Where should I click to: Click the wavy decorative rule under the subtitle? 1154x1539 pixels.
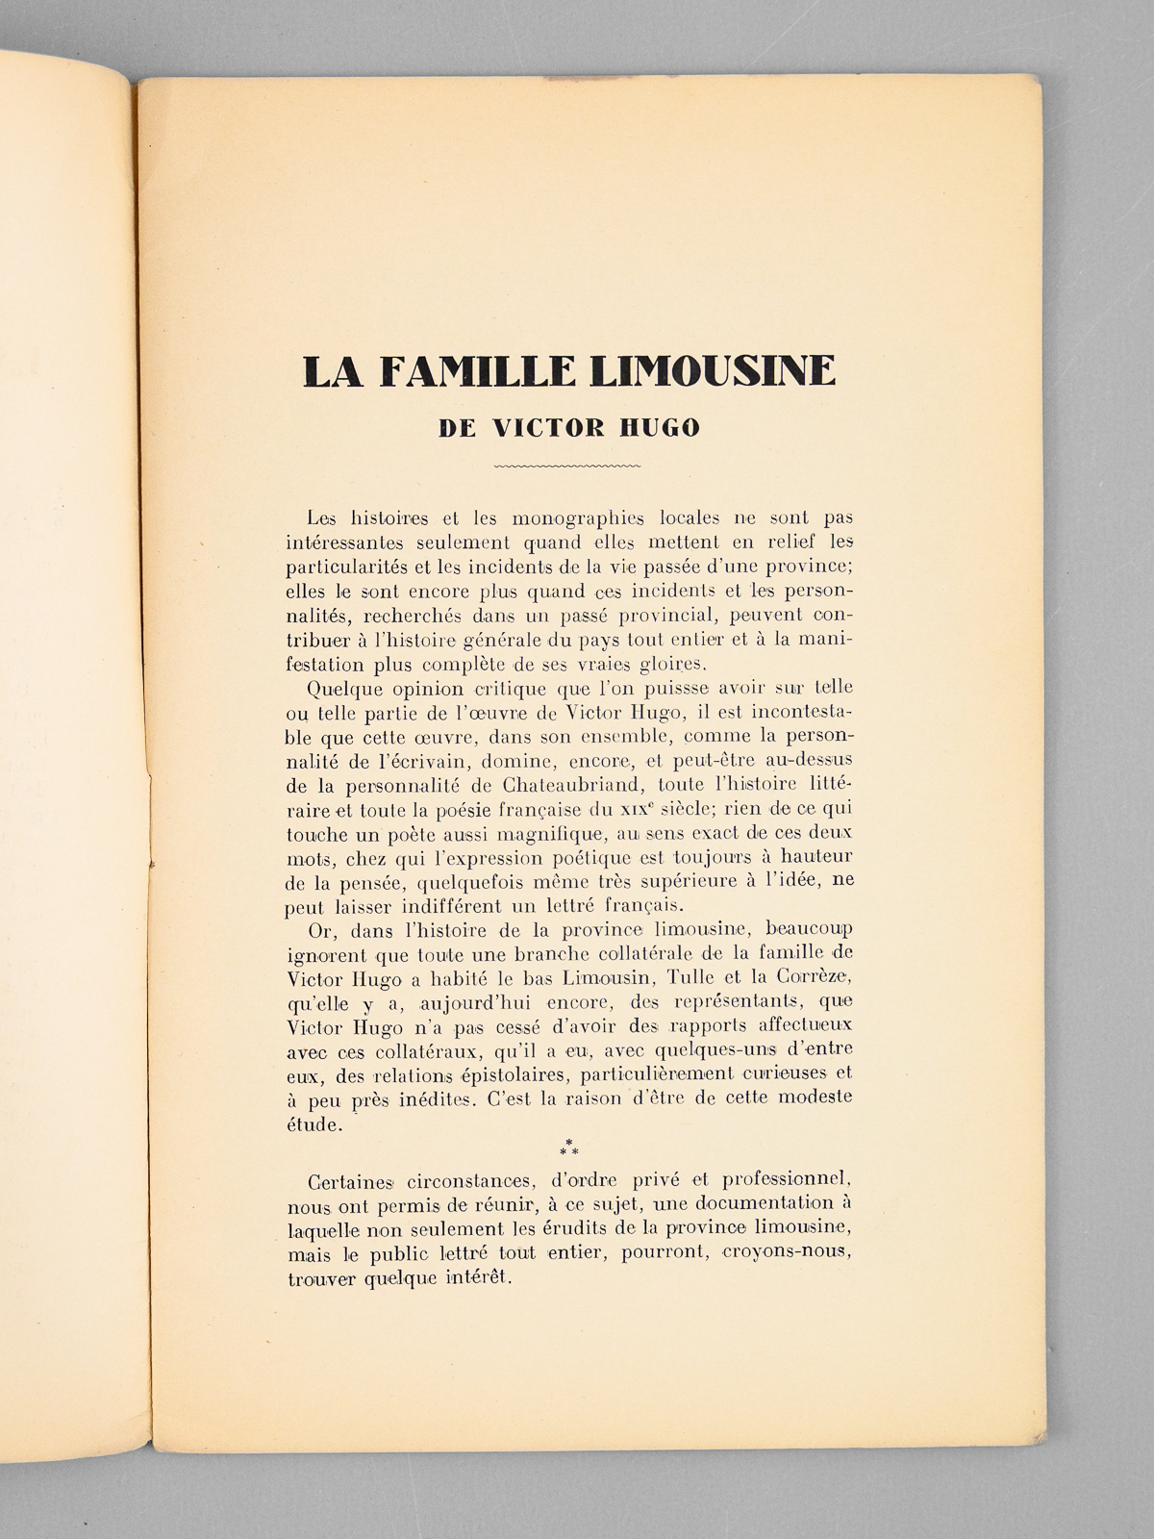[566, 467]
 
